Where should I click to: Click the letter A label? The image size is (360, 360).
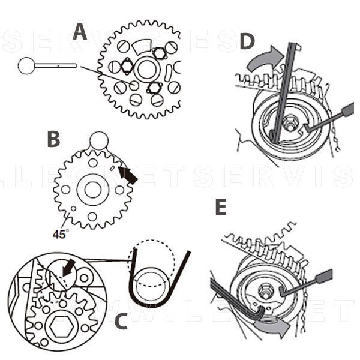click(80, 32)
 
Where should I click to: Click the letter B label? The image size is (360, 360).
click(54, 139)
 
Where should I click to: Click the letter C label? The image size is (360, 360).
click(121, 321)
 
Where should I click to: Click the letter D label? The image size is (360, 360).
click(246, 41)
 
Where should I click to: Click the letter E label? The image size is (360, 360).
click(221, 208)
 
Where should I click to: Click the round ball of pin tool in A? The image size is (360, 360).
click(26, 65)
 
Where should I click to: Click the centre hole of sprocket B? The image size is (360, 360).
click(92, 190)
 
